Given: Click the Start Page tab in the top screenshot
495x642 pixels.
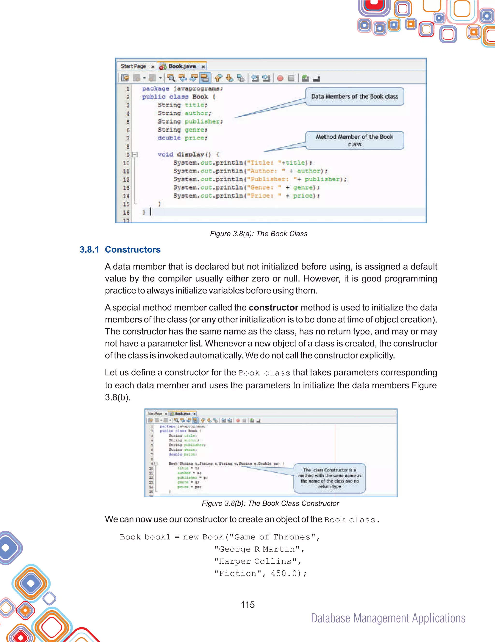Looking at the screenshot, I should [x=133, y=66].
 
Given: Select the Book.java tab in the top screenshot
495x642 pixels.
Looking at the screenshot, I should [x=182, y=66].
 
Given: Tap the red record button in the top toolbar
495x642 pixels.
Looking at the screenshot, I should [x=280, y=78].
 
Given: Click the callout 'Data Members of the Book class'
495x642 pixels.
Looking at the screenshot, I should [x=354, y=96].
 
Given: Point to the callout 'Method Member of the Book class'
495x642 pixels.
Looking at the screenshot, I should [x=354, y=140].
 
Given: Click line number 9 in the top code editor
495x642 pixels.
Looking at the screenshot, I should [x=128, y=155].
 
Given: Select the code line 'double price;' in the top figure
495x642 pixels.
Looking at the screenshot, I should [x=182, y=138].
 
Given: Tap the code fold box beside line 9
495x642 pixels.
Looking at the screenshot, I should [x=135, y=154].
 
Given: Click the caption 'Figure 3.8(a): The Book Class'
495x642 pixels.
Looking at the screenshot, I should [x=258, y=234].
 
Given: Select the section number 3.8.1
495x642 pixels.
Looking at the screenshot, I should [x=89, y=249].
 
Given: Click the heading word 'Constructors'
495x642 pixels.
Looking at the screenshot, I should [x=133, y=249].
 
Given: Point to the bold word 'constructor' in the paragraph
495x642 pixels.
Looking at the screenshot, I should [x=273, y=308].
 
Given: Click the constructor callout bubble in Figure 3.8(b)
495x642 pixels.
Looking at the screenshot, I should [x=329, y=478].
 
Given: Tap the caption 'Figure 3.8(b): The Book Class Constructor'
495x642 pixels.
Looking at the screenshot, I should [x=270, y=503].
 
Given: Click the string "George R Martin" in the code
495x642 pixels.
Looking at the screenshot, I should [x=258, y=549].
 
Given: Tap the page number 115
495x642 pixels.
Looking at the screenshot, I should [x=248, y=605].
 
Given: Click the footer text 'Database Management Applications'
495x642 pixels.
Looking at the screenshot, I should [x=388, y=619].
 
